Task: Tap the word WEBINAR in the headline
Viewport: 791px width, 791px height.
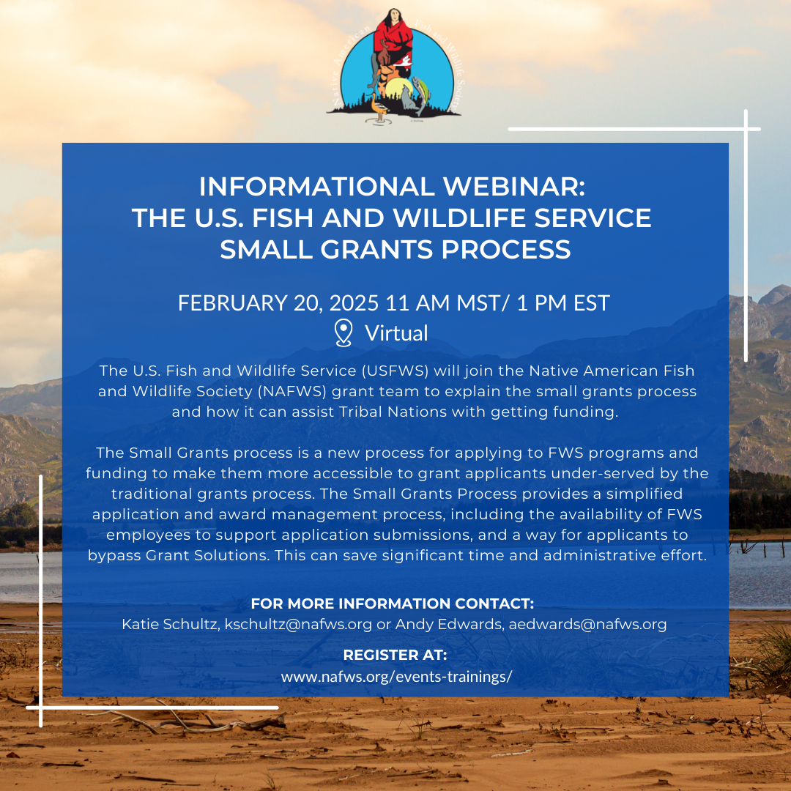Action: coord(514,187)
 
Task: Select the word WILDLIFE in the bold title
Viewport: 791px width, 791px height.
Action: coord(459,218)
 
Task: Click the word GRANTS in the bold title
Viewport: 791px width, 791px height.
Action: coord(376,250)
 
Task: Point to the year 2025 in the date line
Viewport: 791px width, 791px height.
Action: coord(354,303)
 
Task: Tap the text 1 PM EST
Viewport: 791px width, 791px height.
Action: coord(563,303)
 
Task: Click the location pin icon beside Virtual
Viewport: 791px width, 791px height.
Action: coord(343,333)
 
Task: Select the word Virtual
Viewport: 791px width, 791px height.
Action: coord(396,333)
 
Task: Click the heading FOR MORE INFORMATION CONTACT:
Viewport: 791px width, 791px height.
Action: coord(393,604)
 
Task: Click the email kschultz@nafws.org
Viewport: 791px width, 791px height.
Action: coord(298,625)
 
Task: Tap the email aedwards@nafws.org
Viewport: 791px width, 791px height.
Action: coord(587,625)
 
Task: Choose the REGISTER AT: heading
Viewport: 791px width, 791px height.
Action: coord(395,655)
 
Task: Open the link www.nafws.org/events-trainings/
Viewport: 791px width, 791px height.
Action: coord(396,677)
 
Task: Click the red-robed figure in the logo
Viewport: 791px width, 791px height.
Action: coord(393,38)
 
